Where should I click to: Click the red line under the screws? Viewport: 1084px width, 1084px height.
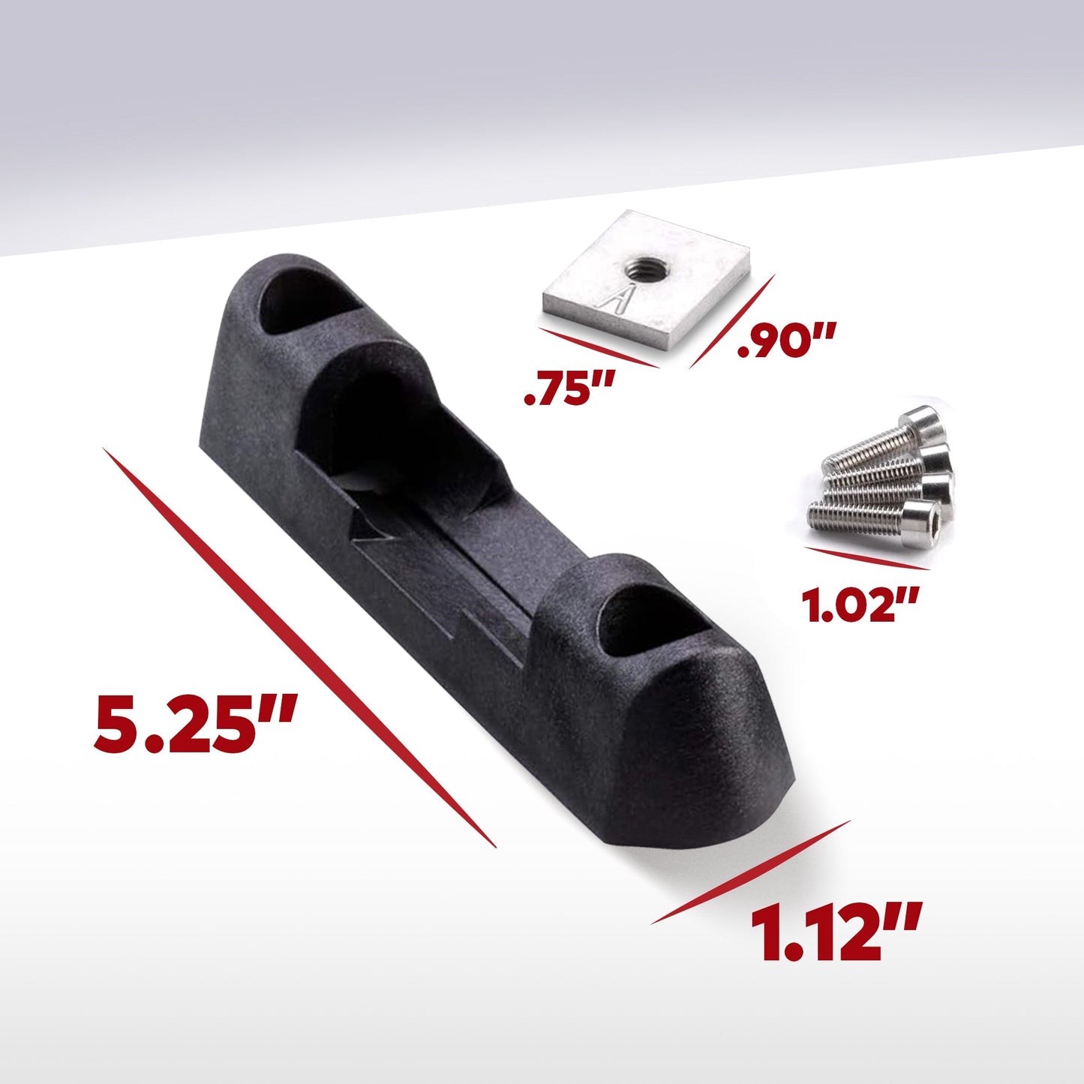point(866,559)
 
